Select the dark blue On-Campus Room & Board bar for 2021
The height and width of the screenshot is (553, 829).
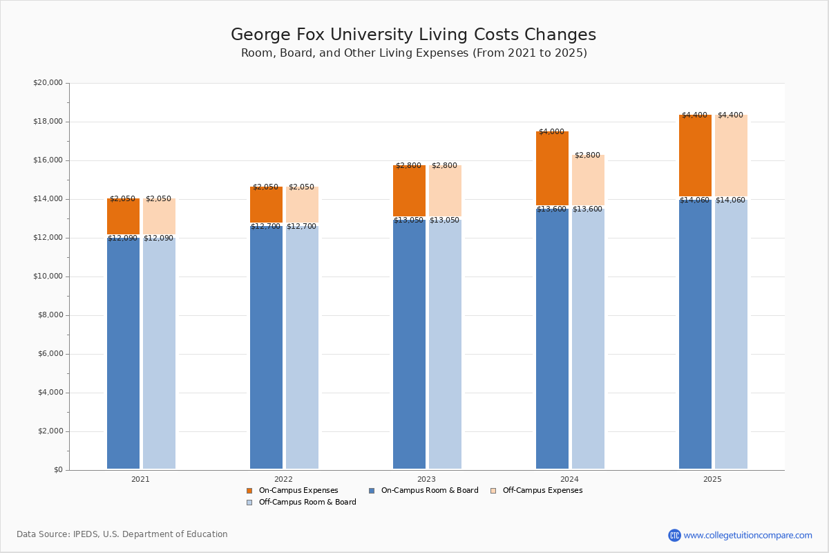[123, 353]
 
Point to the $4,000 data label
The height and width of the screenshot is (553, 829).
[551, 131]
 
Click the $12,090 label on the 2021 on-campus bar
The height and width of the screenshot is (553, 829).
[123, 238]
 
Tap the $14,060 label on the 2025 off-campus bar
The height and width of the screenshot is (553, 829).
[730, 200]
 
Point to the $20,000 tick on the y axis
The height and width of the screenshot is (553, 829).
[48, 83]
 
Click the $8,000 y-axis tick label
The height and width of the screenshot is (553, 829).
[50, 315]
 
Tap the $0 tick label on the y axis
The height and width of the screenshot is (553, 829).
[57, 470]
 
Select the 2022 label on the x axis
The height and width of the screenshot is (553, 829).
[283, 479]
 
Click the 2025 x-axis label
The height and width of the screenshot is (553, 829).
[712, 479]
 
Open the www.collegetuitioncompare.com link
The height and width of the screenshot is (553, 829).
[747, 535]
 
